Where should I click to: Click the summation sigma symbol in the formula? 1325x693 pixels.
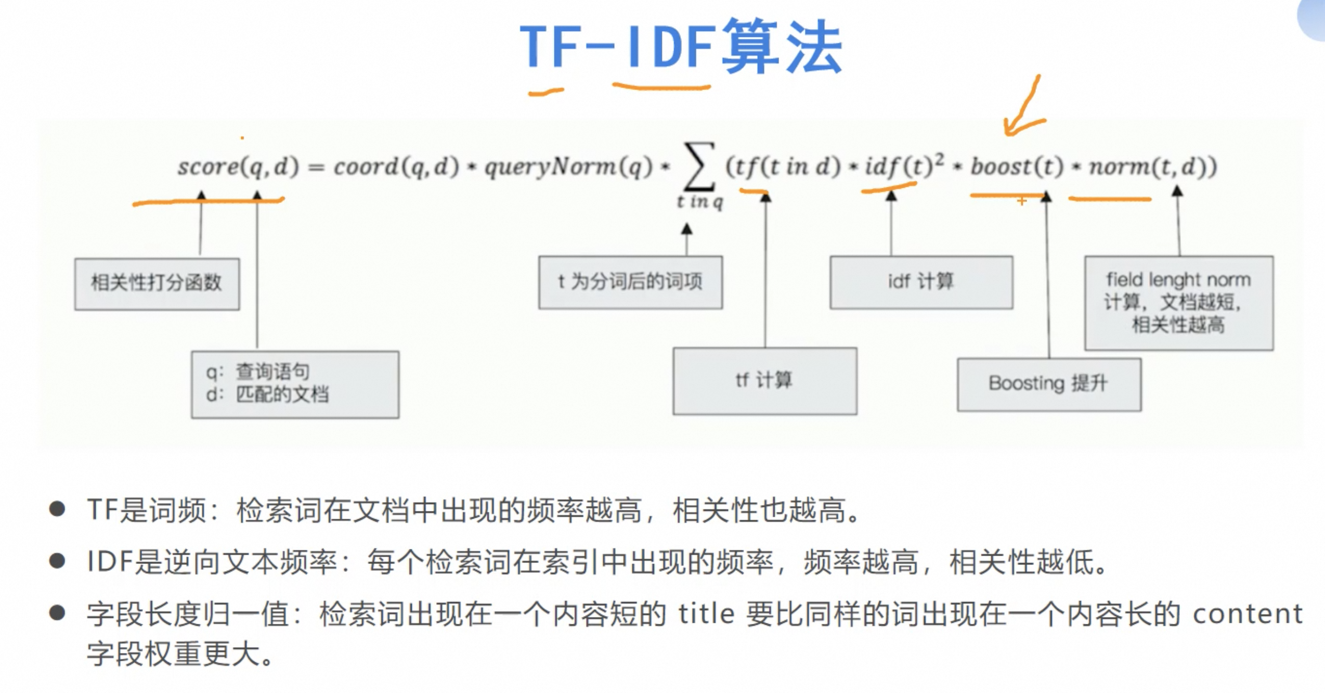tap(699, 167)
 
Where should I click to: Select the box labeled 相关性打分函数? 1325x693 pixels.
tap(157, 284)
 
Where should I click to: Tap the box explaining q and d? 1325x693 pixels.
tap(295, 384)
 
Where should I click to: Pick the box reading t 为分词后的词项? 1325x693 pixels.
tap(630, 282)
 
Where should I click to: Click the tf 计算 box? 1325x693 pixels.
tap(764, 381)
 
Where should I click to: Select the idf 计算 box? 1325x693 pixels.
tap(921, 282)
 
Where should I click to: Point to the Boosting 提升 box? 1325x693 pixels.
tap(1049, 384)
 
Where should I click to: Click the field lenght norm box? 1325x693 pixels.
tap(1178, 302)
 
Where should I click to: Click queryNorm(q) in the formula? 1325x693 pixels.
tap(568, 167)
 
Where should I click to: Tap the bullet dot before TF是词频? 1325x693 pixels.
tap(57, 509)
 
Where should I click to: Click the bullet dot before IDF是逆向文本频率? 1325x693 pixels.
tap(57, 561)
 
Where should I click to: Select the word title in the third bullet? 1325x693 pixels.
tap(706, 614)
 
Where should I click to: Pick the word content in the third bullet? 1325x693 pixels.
tap(1247, 614)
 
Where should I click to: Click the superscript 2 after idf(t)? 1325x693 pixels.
tap(939, 159)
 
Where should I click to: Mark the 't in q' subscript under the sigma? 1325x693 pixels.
tap(700, 201)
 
